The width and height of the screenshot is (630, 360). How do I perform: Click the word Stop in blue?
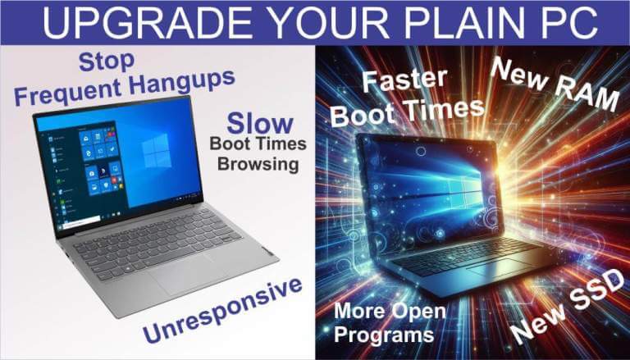[107, 62]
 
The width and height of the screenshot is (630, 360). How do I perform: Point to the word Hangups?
[183, 82]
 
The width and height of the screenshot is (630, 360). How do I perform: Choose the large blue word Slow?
[260, 123]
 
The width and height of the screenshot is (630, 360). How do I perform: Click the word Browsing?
[258, 164]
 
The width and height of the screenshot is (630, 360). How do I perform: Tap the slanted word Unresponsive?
[222, 310]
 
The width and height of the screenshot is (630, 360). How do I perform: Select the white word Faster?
[405, 80]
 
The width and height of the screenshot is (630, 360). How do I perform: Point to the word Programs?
[384, 335]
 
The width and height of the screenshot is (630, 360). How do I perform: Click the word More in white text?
[358, 311]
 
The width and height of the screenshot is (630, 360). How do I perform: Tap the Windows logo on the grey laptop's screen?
[157, 151]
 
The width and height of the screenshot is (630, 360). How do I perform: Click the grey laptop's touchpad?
[185, 275]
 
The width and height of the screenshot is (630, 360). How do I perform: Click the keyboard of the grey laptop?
[157, 242]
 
